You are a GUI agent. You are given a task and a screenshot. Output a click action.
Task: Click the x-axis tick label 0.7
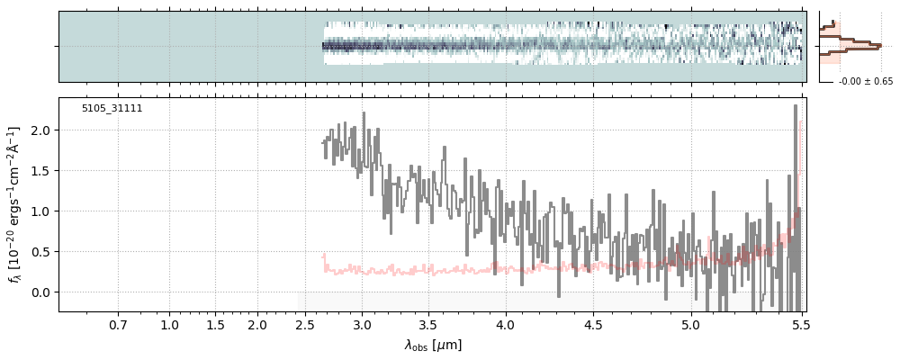[118, 324]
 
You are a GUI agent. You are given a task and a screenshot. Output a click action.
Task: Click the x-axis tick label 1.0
[169, 324]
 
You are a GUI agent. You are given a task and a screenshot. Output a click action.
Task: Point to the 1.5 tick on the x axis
[214, 324]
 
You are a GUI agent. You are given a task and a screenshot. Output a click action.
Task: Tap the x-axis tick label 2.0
[257, 324]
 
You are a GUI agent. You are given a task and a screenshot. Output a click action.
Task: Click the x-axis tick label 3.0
[362, 324]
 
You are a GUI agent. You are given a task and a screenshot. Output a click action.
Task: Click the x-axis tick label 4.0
[505, 324]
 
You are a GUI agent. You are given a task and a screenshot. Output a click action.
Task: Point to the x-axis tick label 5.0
[691, 324]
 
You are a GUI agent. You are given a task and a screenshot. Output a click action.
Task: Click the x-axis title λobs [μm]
[433, 345]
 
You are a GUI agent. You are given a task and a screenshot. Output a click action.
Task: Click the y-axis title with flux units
[14, 205]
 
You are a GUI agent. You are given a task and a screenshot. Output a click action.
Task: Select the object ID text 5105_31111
[112, 109]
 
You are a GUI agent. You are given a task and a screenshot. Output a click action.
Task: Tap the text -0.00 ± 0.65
[866, 82]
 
